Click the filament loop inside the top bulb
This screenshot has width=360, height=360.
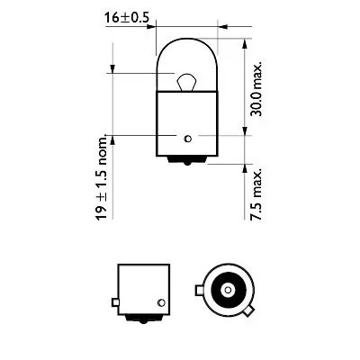(185, 82)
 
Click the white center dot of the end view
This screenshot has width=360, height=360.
(227, 292)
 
